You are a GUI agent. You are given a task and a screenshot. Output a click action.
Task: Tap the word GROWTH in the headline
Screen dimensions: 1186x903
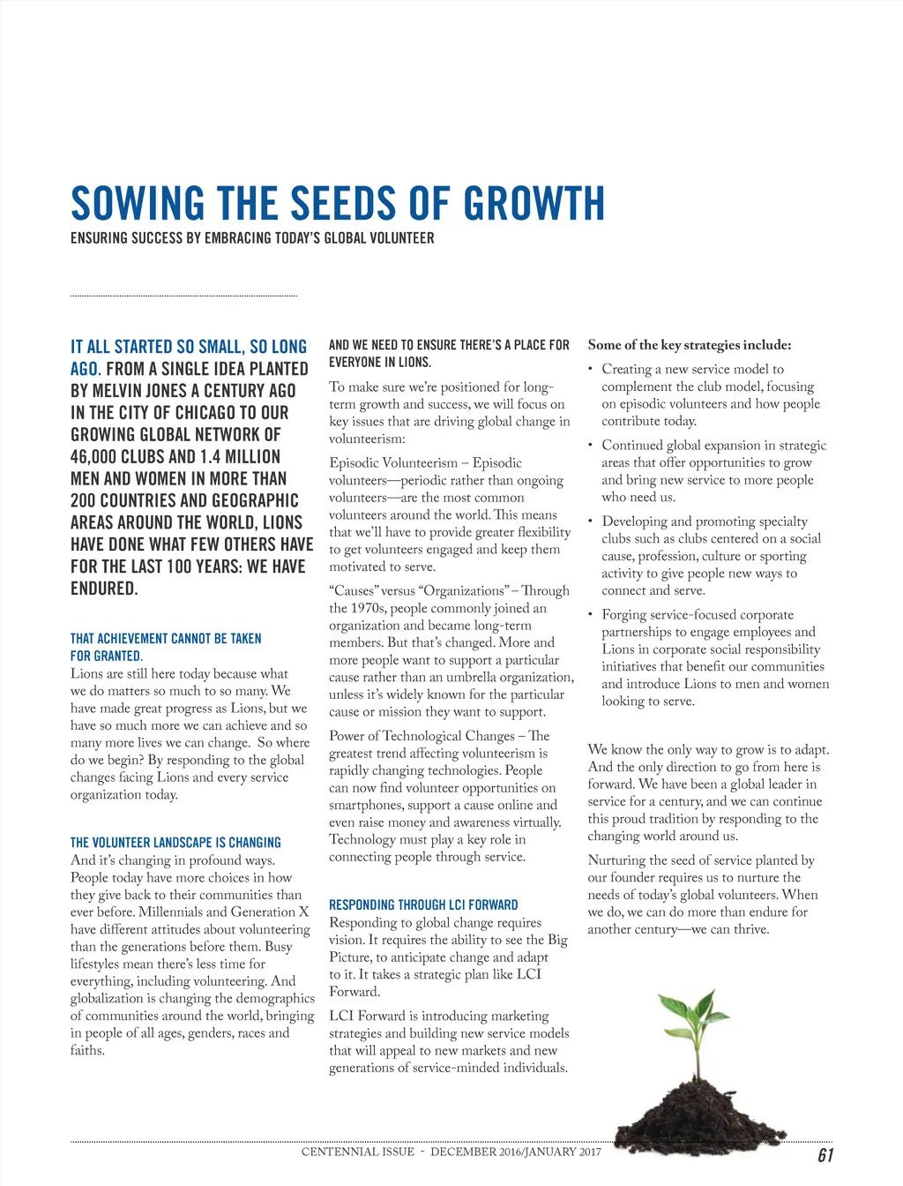tap(534, 203)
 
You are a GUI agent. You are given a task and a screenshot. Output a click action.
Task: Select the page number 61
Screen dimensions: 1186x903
tap(825, 1154)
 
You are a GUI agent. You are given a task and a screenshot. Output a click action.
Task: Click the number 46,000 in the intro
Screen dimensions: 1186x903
tap(100, 457)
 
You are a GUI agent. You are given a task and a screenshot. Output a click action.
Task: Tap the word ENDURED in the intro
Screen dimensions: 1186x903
tap(104, 589)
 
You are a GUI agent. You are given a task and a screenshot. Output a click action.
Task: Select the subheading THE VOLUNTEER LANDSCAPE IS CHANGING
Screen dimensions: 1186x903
tap(175, 843)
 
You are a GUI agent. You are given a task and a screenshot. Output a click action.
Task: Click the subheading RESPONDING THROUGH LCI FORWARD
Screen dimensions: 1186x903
tap(423, 905)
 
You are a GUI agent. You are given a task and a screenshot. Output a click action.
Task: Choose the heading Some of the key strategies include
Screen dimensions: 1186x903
tap(690, 345)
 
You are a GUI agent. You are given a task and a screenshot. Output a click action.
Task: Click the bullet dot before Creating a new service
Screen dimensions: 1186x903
tap(590, 369)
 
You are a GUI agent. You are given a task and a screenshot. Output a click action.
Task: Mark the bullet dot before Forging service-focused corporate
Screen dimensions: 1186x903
tap(590, 614)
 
